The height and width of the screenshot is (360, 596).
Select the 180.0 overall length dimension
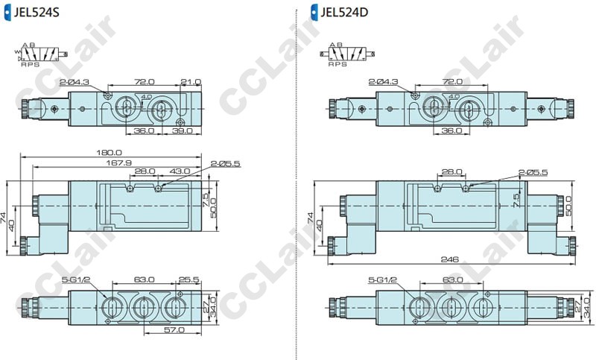(110, 154)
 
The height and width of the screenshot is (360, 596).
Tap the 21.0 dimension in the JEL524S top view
(191, 81)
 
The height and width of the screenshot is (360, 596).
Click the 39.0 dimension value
(183, 130)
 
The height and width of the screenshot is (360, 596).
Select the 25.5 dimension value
(189, 280)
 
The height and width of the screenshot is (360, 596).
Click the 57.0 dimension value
(174, 329)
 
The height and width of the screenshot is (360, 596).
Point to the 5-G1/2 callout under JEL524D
(382, 280)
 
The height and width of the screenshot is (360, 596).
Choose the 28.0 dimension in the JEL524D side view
(451, 171)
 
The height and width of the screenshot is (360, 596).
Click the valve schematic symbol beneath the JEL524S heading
(40, 55)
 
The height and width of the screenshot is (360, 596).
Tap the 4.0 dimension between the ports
(146, 97)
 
